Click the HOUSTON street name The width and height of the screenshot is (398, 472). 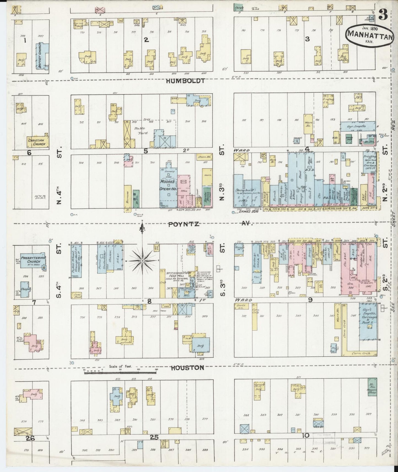pyautogui.click(x=187, y=368)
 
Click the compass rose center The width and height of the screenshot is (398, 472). pyautogui.click(x=142, y=261)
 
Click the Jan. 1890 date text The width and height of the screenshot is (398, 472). pyautogui.click(x=368, y=28)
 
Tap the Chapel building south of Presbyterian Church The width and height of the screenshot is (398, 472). pyautogui.click(x=25, y=289)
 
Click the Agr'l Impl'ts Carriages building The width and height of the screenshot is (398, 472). pyautogui.click(x=368, y=322)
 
